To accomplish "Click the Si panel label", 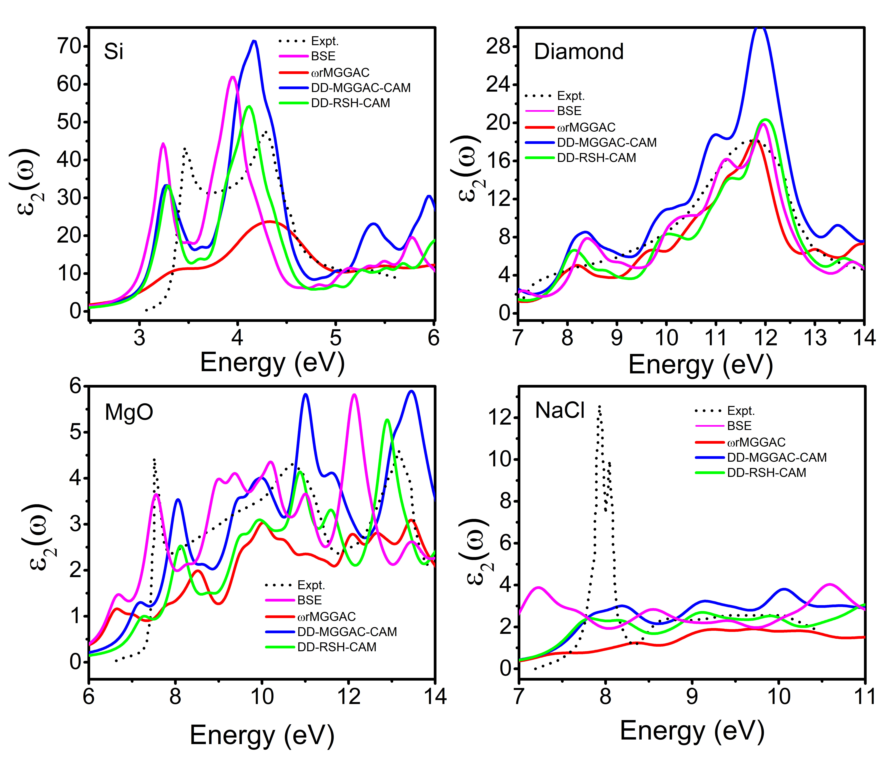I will [114, 52].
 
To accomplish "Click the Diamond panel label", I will [579, 52].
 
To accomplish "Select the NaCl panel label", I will [560, 410].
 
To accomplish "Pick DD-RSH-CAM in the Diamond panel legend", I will [596, 158].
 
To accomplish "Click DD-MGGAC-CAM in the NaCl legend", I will [777, 458].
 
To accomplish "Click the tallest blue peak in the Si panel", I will [254, 41].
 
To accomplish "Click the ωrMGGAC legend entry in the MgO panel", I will [327, 617].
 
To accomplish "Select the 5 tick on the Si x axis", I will [336, 338].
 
